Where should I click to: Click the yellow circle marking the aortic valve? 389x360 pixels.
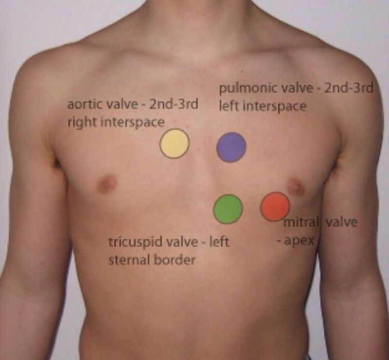[x=175, y=143]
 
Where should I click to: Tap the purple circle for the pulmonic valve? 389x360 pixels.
[x=231, y=147]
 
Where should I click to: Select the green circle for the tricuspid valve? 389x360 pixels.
[x=228, y=209]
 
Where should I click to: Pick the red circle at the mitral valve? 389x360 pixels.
[x=275, y=206]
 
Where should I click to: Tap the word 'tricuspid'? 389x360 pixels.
[x=136, y=242]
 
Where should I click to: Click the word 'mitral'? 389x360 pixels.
[x=301, y=222]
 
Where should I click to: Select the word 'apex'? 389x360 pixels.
[x=299, y=241]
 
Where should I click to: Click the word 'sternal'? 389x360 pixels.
[x=129, y=260]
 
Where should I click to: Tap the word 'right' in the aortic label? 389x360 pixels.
[x=82, y=122]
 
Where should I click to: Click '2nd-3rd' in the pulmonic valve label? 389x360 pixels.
[x=349, y=88]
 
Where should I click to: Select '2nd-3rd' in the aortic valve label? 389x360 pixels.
[x=173, y=104]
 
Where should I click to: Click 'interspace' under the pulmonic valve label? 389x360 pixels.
[x=275, y=107]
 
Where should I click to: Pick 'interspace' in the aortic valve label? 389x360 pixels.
[x=132, y=123]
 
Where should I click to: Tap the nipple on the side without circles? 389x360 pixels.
[x=107, y=184]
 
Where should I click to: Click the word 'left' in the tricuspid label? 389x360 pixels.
[x=219, y=242]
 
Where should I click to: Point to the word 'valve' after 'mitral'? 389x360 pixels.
[x=342, y=222]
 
